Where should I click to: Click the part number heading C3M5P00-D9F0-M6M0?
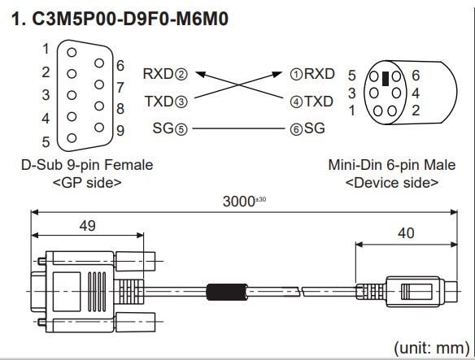pos(130,19)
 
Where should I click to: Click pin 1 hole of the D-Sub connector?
pos(72,52)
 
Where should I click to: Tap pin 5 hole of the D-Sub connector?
pos(72,138)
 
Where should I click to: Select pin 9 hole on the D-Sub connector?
pos(99,127)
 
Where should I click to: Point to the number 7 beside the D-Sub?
pos(120,88)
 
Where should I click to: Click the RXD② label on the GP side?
pos(165,74)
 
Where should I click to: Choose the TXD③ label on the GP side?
pos(166,102)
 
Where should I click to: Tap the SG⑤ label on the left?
pos(170,128)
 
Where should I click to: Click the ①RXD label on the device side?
pos(312,74)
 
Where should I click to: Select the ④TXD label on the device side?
pos(312,102)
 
